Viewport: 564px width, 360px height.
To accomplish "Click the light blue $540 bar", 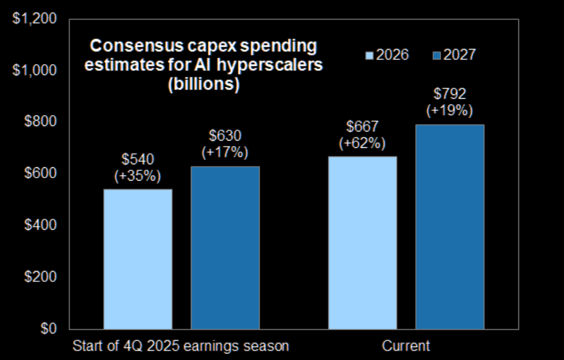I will [138, 259].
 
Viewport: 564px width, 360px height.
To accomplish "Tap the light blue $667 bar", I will [363, 242].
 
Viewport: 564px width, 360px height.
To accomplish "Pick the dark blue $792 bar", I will [449, 227].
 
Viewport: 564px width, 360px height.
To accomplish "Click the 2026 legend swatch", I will [369, 56].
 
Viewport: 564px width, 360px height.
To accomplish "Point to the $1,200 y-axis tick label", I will [35, 19].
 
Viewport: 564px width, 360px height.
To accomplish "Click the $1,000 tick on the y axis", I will [35, 70].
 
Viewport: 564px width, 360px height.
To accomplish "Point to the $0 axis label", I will [47, 328].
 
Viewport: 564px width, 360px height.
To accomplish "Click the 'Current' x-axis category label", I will [406, 346].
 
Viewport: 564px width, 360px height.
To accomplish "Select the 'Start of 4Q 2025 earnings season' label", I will [181, 346].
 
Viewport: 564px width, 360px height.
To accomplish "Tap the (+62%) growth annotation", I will [363, 144].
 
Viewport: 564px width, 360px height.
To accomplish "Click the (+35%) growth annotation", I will [138, 176].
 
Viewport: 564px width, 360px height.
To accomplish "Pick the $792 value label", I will [449, 95].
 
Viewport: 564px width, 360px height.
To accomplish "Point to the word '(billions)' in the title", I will [204, 85].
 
